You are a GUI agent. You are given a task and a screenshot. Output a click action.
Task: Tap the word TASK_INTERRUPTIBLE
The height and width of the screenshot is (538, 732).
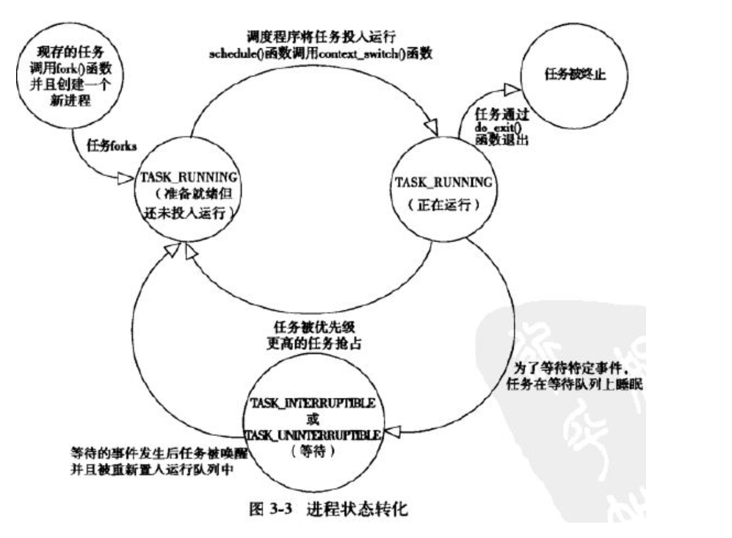point(314,404)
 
